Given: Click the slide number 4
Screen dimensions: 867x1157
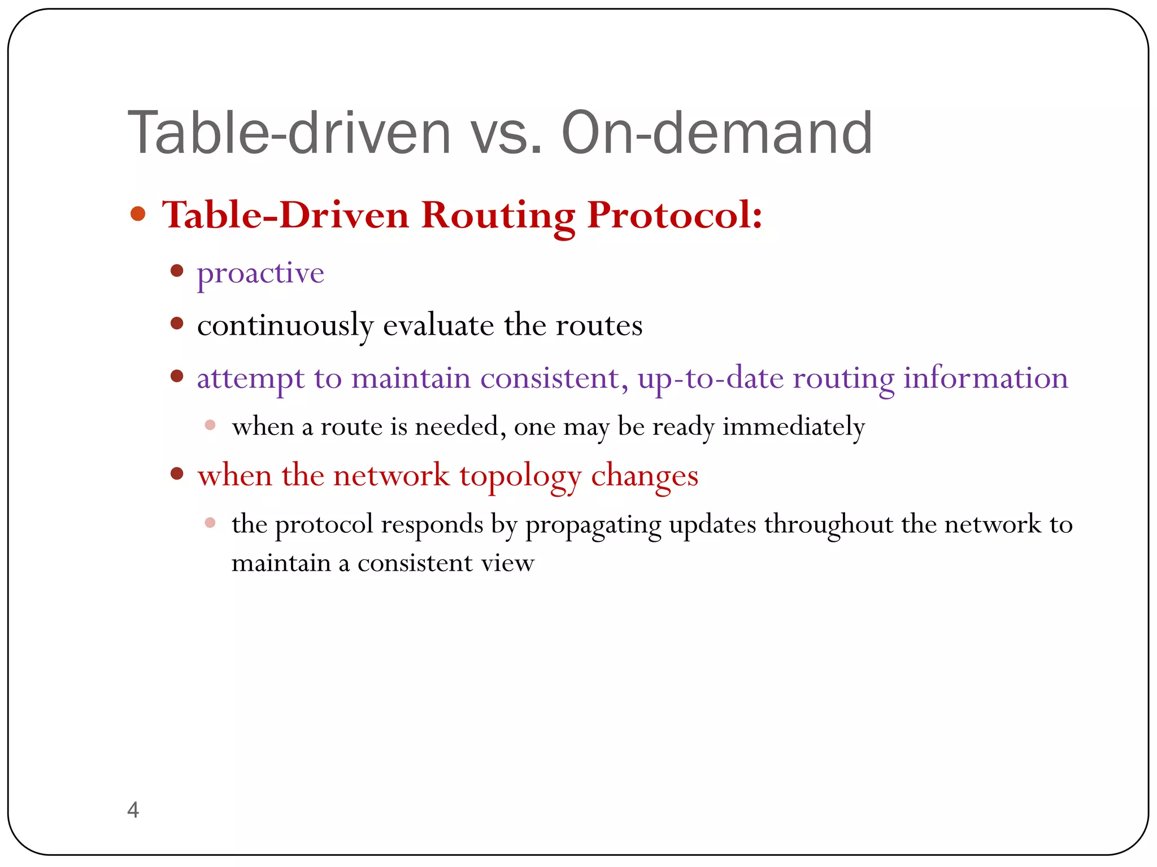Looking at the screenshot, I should point(133,810).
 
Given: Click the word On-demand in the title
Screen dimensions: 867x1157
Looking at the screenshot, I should point(717,133).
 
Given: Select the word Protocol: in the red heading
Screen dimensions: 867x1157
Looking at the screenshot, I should point(675,216).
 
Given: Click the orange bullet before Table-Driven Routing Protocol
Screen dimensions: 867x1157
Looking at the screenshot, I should point(138,214).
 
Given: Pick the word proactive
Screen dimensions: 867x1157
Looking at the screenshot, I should point(260,274).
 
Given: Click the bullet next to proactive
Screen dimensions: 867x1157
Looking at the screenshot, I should point(177,271).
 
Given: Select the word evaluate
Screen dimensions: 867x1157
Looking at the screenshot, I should point(438,325).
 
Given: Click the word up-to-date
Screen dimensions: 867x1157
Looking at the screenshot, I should point(710,378).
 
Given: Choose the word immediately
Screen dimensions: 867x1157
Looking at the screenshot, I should point(793,427).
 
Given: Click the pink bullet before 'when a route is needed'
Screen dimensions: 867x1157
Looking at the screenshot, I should point(210,425).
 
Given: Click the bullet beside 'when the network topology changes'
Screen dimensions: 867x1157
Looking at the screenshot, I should point(177,474).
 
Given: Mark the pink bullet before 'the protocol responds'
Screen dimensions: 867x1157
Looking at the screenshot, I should point(210,523).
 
